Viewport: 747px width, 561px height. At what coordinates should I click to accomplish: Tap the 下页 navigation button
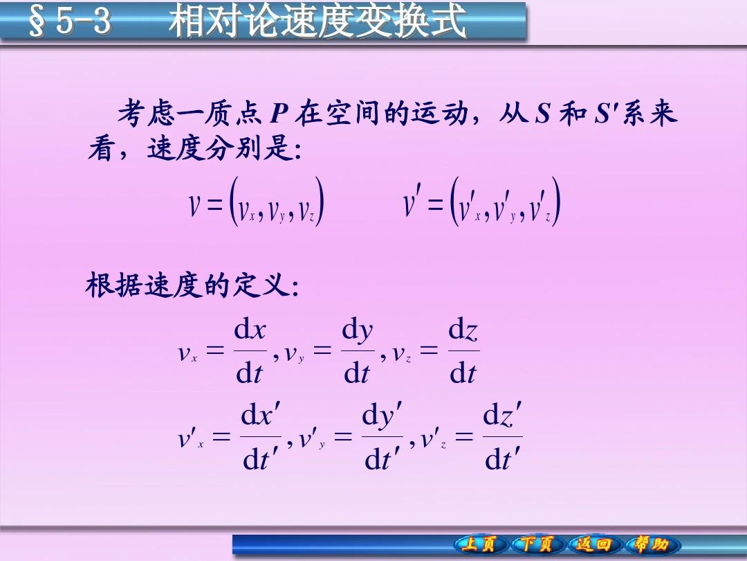pos(537,544)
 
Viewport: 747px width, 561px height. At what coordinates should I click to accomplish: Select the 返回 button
pos(593,544)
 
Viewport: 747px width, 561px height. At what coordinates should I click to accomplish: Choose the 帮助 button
pos(651,544)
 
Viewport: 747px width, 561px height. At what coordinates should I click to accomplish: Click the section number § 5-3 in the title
pos(70,21)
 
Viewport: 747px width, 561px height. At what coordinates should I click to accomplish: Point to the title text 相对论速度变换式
pos(317,21)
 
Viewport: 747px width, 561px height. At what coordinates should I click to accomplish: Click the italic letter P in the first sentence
pos(279,114)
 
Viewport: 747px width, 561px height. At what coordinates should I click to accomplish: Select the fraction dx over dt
pos(250,352)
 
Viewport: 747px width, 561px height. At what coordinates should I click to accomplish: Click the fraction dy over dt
pos(358,352)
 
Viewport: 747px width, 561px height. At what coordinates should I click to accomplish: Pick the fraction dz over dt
pos(463,352)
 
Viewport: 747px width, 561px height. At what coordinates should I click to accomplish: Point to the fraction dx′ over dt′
pos(260,436)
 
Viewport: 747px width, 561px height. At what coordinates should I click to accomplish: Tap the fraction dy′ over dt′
pos(382,436)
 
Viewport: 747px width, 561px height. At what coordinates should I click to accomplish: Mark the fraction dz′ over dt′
pos(503,436)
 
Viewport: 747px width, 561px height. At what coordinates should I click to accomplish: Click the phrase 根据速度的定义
pos(187,285)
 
